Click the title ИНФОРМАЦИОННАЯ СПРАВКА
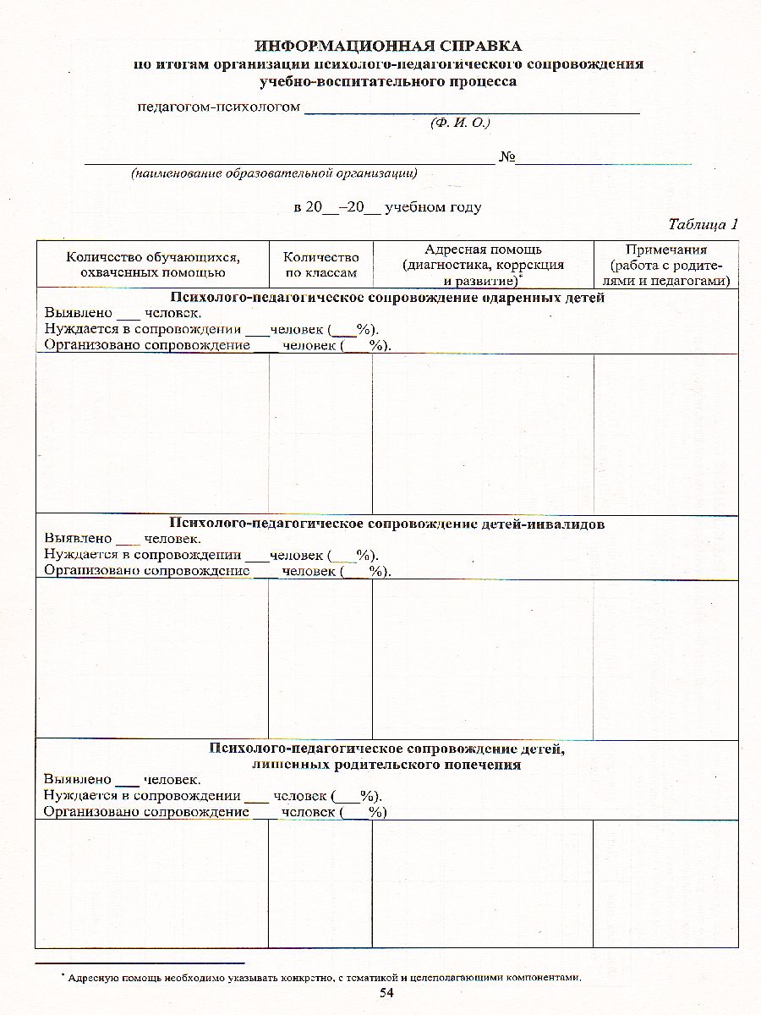click(388, 46)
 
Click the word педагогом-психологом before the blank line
click(219, 107)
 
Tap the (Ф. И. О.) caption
click(461, 123)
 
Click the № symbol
click(506, 157)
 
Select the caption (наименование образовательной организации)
click(273, 173)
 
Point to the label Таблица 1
click(703, 224)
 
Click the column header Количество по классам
click(320, 265)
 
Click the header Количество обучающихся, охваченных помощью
click(152, 265)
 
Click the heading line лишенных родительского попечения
click(386, 765)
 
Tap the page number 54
click(386, 993)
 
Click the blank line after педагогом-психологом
click(471, 110)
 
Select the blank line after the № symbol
click(604, 160)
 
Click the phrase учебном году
click(433, 207)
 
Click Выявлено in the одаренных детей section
click(78, 312)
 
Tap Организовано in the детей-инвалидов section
click(92, 570)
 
